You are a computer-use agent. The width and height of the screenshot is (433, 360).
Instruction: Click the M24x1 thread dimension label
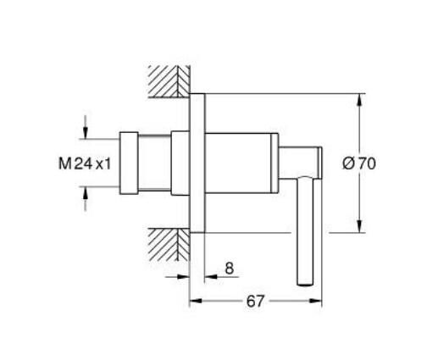[85, 163]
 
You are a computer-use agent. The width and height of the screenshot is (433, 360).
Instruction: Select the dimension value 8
[229, 268]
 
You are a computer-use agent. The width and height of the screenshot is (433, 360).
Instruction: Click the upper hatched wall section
[166, 80]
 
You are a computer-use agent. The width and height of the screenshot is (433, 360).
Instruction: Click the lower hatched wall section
[166, 245]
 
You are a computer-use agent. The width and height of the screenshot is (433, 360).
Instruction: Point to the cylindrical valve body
[241, 162]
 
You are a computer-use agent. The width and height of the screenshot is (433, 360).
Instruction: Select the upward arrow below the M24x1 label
[86, 194]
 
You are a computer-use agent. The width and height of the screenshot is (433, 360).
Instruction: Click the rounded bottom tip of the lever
[304, 283]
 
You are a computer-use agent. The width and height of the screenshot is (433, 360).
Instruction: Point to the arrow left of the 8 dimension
[182, 277]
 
